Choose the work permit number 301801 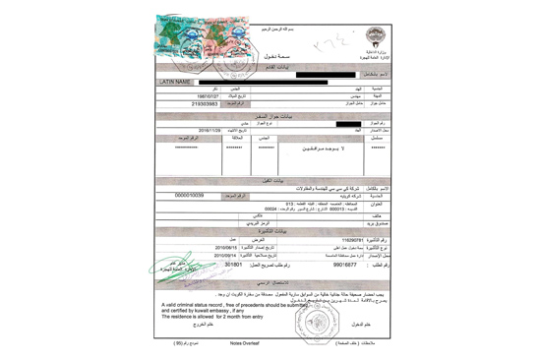click(233, 264)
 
